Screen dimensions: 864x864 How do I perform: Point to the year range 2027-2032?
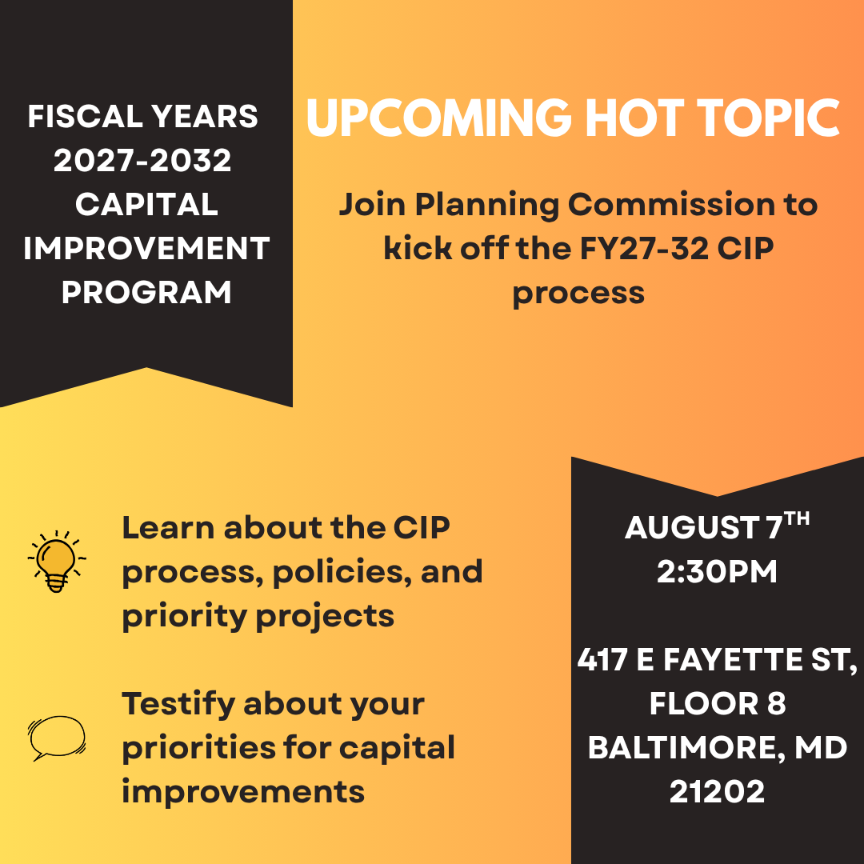[x=143, y=161]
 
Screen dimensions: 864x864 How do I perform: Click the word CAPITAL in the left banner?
[x=146, y=204]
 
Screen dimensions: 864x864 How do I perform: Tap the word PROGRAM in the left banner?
[x=146, y=292]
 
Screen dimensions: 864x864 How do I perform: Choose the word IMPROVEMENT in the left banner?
[x=146, y=248]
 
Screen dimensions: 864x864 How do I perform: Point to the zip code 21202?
[x=717, y=791]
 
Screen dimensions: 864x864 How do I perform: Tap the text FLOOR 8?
[x=717, y=703]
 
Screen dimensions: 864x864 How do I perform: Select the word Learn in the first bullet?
[x=168, y=528]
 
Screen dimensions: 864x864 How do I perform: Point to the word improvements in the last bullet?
[x=243, y=791]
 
